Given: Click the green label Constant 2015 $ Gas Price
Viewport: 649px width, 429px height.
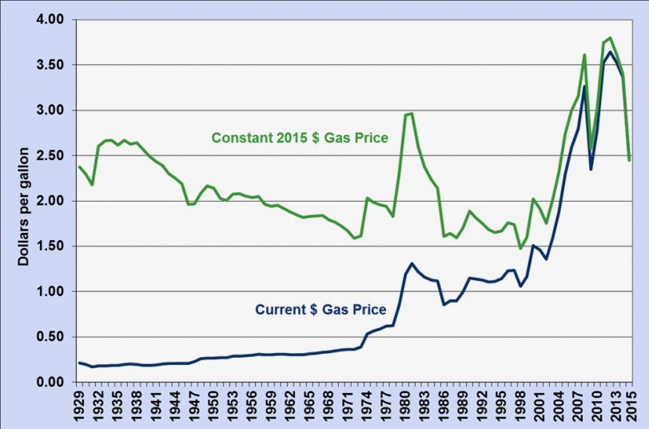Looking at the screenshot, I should pos(300,138).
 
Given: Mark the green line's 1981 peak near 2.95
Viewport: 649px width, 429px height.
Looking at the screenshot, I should pos(412,113).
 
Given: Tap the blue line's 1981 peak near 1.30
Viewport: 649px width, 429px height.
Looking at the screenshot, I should pos(412,263).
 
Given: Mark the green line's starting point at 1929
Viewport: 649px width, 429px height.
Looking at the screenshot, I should pos(79,166).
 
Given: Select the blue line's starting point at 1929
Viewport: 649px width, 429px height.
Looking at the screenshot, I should pos(79,363).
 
